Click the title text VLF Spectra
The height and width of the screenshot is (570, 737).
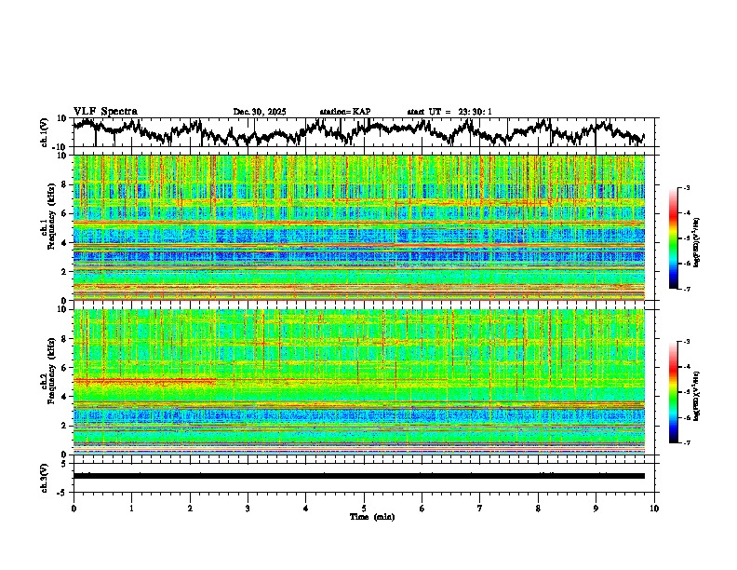[x=105, y=112]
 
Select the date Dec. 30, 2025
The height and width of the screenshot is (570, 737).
[x=260, y=112]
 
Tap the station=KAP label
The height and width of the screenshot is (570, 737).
[x=345, y=112]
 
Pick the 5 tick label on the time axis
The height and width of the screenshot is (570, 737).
[x=364, y=509]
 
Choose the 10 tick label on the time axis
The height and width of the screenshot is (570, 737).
[x=654, y=509]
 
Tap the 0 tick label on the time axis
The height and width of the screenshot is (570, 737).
[x=74, y=509]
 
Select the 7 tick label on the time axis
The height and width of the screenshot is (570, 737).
[x=480, y=509]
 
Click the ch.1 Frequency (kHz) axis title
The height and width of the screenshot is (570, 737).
[x=47, y=223]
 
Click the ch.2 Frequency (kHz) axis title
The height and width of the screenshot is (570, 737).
[x=47, y=376]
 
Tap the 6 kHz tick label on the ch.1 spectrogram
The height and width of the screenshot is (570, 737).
[x=66, y=213]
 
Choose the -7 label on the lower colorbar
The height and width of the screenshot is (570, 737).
[x=686, y=443]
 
